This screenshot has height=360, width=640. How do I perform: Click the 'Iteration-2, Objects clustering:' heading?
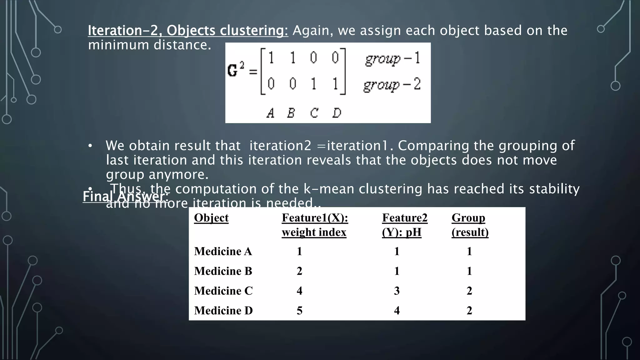tap(188, 31)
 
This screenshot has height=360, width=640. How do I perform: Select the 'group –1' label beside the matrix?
tap(393, 58)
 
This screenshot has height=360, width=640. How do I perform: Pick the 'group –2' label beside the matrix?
tap(392, 85)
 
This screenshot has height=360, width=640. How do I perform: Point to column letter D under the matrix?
tap(337, 113)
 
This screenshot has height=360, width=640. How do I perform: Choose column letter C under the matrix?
tap(314, 113)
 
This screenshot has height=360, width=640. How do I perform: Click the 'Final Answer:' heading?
tap(125, 197)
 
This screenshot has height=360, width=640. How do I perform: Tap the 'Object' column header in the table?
tap(211, 218)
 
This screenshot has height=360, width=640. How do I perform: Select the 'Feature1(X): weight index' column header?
tap(315, 225)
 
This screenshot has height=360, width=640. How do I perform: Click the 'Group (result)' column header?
tap(470, 225)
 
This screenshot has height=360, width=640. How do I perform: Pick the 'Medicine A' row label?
tap(223, 251)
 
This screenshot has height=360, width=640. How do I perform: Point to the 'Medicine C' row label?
tap(223, 291)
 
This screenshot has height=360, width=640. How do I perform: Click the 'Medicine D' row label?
tap(223, 310)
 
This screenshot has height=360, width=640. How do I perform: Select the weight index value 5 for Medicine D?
tap(299, 310)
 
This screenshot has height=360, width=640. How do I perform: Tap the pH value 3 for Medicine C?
tap(397, 291)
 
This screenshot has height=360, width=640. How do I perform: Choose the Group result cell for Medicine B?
tap(469, 271)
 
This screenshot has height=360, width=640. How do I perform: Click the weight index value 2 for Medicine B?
tap(299, 271)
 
